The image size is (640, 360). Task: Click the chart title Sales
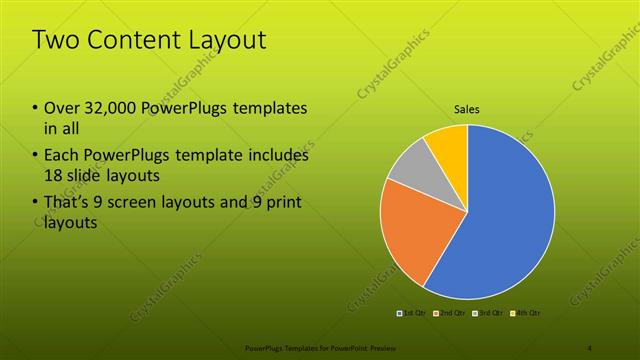(x=467, y=108)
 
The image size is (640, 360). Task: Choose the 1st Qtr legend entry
(x=413, y=314)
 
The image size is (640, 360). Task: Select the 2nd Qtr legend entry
(x=449, y=314)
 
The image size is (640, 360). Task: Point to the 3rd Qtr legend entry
(x=487, y=314)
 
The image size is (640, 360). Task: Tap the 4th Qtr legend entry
(x=525, y=314)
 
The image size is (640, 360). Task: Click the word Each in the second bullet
(x=62, y=155)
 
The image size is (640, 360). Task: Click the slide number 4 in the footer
(x=589, y=348)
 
